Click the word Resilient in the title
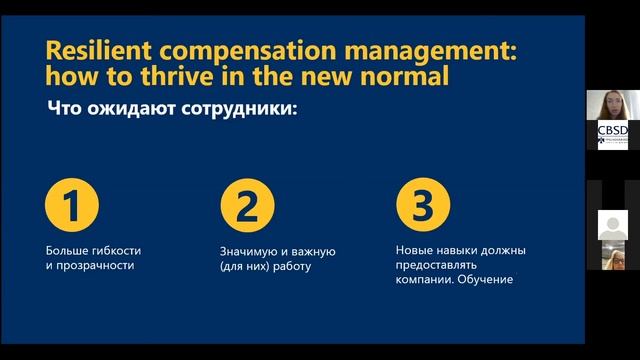point(96,51)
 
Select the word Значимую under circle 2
point(247,250)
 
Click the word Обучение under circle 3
point(488,279)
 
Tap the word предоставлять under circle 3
point(434,265)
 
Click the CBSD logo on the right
point(612,135)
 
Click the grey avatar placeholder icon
point(612,225)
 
